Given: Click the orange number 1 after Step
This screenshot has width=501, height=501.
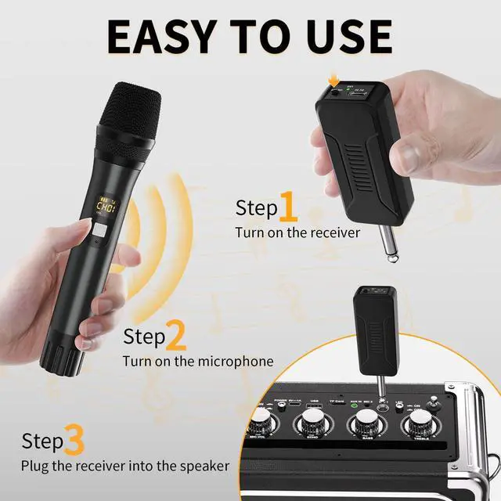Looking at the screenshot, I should pos(288,208).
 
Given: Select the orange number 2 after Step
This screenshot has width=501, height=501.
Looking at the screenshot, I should pos(176,337).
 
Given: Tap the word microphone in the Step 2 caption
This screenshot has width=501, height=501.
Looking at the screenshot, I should pos(234,361).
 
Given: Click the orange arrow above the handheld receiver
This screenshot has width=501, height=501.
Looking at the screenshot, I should pos(333,80).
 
